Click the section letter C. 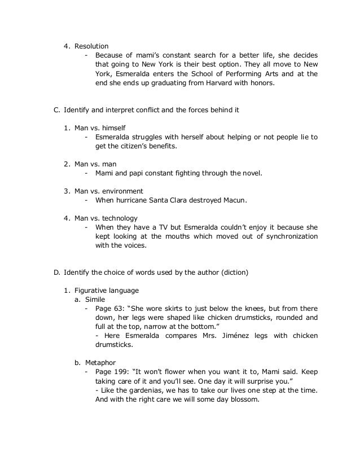coord(56,109)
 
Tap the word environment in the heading coord(121,191)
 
